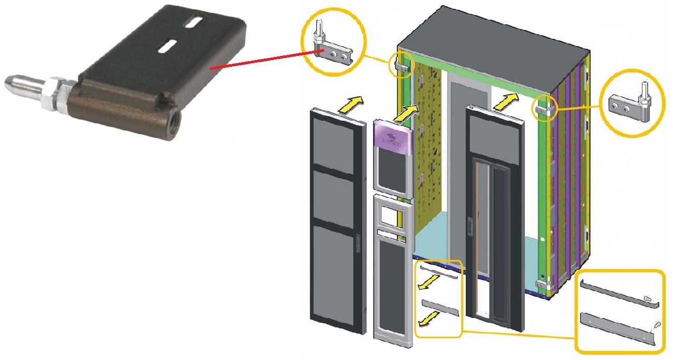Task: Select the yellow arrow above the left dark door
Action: point(349,103)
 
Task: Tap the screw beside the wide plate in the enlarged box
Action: point(655,325)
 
